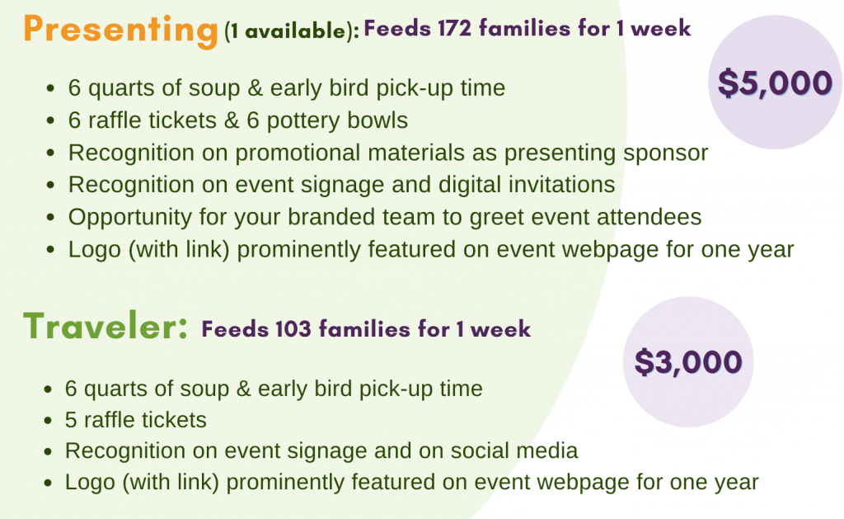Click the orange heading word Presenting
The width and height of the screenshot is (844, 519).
point(120,31)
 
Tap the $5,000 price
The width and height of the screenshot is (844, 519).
point(775,83)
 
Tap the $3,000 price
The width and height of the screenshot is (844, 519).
point(688,361)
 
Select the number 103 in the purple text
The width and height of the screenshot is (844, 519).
point(293,328)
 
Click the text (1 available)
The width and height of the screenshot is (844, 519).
point(292,31)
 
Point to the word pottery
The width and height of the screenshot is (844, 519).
point(303,120)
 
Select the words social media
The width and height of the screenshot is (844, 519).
point(514,451)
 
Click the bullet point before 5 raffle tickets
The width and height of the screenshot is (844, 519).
point(49,420)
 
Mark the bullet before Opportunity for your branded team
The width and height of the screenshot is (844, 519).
point(50,217)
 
